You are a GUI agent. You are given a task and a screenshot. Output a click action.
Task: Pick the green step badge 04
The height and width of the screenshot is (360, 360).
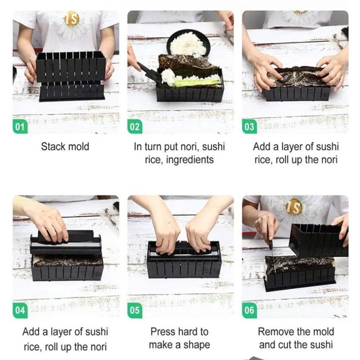click(20, 310)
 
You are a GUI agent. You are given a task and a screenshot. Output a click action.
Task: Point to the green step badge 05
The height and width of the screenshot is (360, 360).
click(135, 310)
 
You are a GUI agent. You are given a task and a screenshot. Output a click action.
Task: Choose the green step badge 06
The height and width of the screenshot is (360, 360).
click(250, 310)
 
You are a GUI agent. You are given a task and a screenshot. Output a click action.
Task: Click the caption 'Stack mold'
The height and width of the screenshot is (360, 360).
click(65, 147)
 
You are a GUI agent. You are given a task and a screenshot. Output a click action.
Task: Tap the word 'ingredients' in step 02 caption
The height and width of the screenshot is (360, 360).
click(190, 160)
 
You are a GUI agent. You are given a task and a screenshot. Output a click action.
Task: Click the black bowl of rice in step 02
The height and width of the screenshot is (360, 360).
click(188, 43)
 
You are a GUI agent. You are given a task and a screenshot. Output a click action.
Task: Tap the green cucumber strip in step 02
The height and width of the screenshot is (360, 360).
click(196, 82)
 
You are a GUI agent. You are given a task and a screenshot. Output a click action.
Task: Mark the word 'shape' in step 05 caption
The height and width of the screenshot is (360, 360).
click(197, 344)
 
